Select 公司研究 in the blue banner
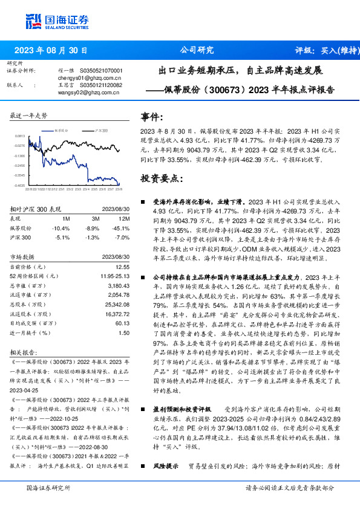pos(197,50)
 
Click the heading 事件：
pos(152,117)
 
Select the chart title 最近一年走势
pos(29,115)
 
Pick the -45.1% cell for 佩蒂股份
pos(122,229)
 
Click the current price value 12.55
pos(123,267)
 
